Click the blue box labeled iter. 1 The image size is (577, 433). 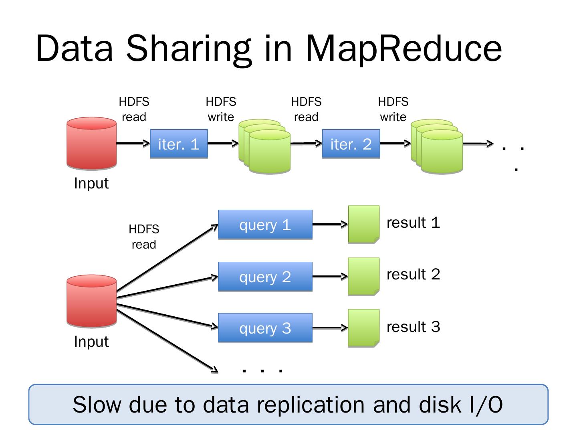click(x=179, y=144)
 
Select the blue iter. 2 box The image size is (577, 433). click(x=351, y=144)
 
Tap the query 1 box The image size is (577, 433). click(x=265, y=225)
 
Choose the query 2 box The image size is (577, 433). click(x=265, y=277)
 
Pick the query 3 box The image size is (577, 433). click(x=265, y=328)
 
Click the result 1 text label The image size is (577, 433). click(x=413, y=223)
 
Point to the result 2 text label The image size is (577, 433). click(x=413, y=275)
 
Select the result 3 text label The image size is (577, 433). click(x=413, y=327)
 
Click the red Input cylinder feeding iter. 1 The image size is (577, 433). click(x=91, y=143)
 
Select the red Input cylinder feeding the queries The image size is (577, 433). click(x=91, y=301)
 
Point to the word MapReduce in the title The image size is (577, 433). click(x=403, y=48)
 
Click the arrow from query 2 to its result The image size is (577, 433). click(x=330, y=276)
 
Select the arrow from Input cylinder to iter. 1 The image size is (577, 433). click(x=133, y=143)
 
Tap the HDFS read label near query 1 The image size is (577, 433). click(x=144, y=237)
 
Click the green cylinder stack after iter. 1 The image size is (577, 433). click(x=264, y=146)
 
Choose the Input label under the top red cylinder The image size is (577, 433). click(x=91, y=183)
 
